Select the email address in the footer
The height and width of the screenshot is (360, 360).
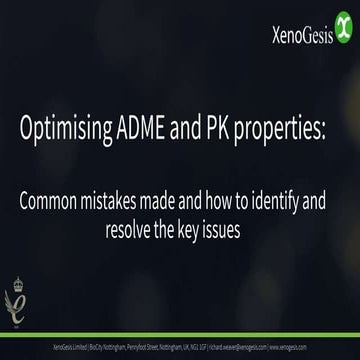tap(240, 346)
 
